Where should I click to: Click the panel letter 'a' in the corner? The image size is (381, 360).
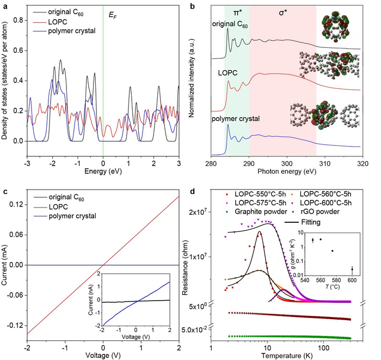(4, 5)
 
